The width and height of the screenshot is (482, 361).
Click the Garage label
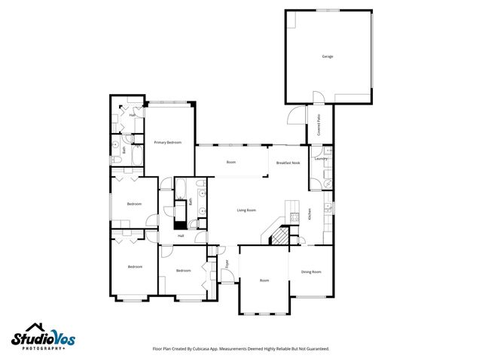point(328,56)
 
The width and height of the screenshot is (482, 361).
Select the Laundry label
point(320,159)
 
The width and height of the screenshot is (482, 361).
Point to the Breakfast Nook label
point(288,162)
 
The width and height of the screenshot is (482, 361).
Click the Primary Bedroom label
point(168,142)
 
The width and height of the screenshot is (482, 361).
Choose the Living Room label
point(246,210)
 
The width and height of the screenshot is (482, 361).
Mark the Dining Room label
point(311,272)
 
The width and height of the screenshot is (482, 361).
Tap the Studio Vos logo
point(44,337)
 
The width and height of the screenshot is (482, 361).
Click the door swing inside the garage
point(319,97)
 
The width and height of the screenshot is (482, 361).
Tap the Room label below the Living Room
point(264,281)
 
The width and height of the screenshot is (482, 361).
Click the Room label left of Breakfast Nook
point(231,162)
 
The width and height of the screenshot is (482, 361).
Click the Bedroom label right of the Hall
point(184,270)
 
